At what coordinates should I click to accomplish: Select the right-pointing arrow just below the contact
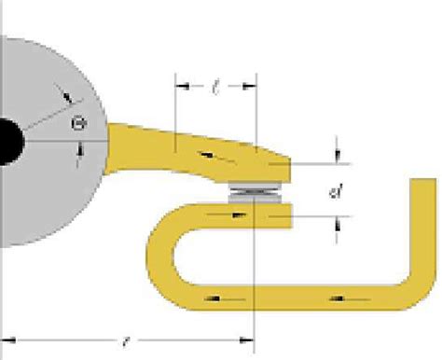pos(240,214)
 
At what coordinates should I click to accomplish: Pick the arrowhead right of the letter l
pos(249,86)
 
